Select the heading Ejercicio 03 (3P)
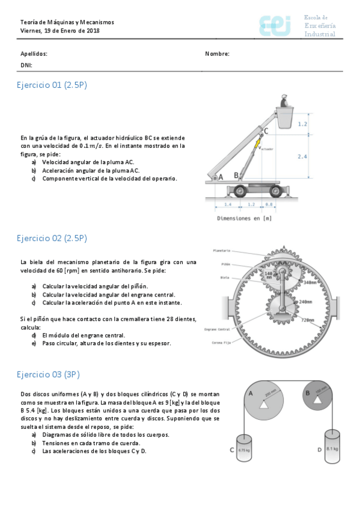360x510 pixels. point(48,375)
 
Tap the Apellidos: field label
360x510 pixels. point(34,54)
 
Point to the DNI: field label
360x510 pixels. point(26,65)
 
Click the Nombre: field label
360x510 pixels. point(217,54)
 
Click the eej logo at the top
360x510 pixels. point(275,26)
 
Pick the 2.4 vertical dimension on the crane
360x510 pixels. point(302,156)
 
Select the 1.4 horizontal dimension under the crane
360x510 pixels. point(228,205)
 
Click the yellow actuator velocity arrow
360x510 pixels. point(257,143)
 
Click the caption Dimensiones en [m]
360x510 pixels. point(244,218)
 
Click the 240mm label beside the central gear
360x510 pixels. point(305,301)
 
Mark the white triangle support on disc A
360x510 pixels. point(263,406)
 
